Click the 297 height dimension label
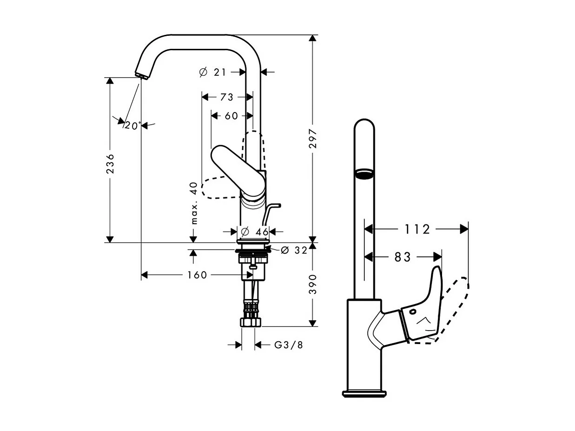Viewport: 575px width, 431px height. pyautogui.click(x=313, y=139)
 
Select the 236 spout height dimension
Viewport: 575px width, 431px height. pyautogui.click(x=110, y=163)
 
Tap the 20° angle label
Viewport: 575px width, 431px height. pyautogui.click(x=132, y=126)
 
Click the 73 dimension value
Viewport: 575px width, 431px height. pyautogui.click(x=227, y=97)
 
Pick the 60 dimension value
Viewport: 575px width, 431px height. pyautogui.click(x=231, y=116)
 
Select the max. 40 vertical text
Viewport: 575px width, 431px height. pyautogui.click(x=194, y=203)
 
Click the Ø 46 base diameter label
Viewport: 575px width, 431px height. pyautogui.click(x=255, y=232)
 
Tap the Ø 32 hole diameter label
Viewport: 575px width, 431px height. pyautogui.click(x=294, y=250)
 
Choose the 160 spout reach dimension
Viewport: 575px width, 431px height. pyautogui.click(x=197, y=275)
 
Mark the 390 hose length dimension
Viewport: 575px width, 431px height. pyautogui.click(x=313, y=284)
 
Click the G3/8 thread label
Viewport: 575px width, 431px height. pyautogui.click(x=288, y=345)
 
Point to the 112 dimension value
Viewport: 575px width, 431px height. pyautogui.click(x=417, y=229)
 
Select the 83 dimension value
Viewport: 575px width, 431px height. pyautogui.click(x=403, y=257)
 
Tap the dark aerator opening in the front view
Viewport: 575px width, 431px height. pyautogui.click(x=364, y=174)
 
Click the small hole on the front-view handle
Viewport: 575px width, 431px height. pyautogui.click(x=412, y=312)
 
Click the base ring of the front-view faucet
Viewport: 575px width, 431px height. pyautogui.click(x=364, y=394)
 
